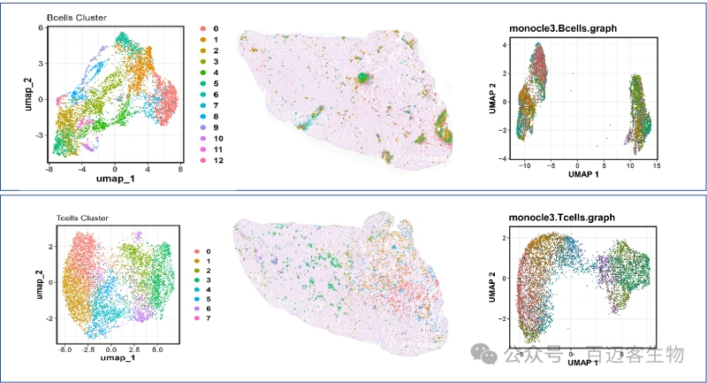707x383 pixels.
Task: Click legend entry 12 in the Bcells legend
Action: [215, 162]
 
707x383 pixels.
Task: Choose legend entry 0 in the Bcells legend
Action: [215, 29]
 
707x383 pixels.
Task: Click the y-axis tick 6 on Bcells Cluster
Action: [41, 28]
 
